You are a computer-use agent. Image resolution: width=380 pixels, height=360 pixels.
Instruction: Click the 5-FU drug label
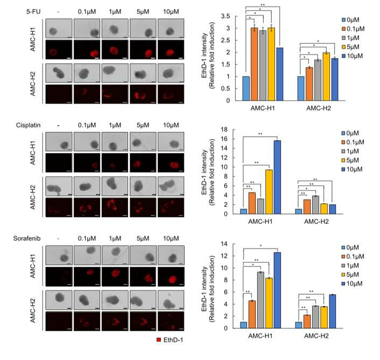tap(33, 11)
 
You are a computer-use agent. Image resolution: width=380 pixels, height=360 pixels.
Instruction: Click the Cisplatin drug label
tap(28, 125)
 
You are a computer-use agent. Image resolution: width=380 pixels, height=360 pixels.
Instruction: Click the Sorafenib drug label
tap(27, 238)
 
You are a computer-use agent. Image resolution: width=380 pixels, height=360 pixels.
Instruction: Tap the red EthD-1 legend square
tap(159, 340)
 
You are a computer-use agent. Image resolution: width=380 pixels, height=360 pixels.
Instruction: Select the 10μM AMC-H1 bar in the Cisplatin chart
tap(277, 177)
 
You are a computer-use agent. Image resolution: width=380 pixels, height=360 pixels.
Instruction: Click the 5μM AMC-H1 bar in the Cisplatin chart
tap(269, 192)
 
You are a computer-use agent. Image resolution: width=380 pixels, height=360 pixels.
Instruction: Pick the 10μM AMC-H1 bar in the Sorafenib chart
tap(277, 290)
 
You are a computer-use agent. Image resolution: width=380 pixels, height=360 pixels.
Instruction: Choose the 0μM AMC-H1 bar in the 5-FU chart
tap(246, 88)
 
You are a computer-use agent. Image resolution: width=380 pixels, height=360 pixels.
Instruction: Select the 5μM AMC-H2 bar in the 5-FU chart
tap(326, 77)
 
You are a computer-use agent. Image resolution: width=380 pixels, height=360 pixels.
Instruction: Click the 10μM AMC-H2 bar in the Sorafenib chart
tap(333, 311)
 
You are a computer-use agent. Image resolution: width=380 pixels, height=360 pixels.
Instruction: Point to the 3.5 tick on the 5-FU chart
tap(226, 16)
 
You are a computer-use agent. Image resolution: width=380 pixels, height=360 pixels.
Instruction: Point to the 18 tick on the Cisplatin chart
tap(224, 129)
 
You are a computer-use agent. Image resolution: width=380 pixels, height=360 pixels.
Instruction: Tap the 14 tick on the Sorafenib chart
tap(224, 244)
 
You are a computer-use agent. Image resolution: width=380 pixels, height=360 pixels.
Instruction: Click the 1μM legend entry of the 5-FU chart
tap(350, 38)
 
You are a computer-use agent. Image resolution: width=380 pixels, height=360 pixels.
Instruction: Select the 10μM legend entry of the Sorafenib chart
tap(352, 283)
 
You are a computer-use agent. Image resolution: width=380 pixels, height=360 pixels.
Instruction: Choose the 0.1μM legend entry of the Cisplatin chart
tap(353, 142)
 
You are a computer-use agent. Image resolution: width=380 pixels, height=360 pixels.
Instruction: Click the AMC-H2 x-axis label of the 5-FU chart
tap(319, 108)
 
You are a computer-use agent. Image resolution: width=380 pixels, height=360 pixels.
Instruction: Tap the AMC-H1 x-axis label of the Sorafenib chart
tap(261, 336)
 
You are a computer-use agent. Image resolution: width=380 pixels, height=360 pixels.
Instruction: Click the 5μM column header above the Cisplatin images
tap(143, 125)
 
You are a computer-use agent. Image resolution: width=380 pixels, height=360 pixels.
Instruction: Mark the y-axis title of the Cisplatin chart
tap(208, 172)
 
